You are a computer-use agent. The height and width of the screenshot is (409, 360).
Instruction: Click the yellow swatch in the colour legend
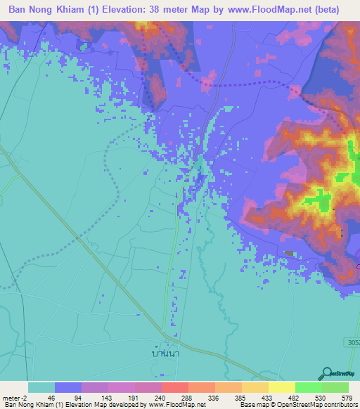pos(281,387)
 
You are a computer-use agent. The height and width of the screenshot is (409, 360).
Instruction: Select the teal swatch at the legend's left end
pos(41,387)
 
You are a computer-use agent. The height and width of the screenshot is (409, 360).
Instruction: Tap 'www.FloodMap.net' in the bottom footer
pos(178,405)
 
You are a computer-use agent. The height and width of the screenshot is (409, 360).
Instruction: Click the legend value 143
pos(108,397)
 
